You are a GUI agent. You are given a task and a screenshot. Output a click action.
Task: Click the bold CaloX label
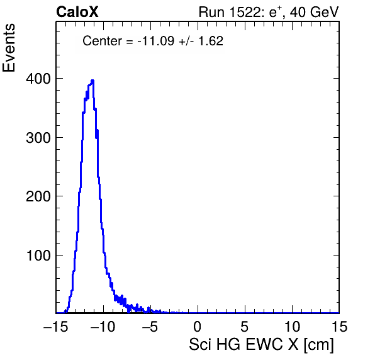pyautogui.click(x=77, y=12)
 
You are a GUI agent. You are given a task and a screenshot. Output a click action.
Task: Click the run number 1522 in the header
pyautogui.click(x=245, y=12)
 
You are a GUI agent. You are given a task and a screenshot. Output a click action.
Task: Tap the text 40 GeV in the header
pyautogui.click(x=314, y=12)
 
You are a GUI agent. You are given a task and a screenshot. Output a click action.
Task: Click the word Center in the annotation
pyautogui.click(x=102, y=41)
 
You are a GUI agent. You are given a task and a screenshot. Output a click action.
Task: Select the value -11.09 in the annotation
pyautogui.click(x=156, y=41)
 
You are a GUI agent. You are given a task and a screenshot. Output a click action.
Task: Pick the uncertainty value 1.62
pyautogui.click(x=211, y=41)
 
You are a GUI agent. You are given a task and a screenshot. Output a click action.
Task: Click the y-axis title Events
pyautogui.click(x=9, y=48)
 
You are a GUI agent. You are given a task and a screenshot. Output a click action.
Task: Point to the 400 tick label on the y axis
pyautogui.click(x=38, y=79)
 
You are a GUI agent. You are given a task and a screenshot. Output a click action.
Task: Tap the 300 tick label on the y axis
pyautogui.click(x=38, y=138)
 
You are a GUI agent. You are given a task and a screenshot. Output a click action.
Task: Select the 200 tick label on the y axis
pyautogui.click(x=38, y=196)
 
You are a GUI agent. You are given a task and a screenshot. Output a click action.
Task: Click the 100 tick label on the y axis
pyautogui.click(x=38, y=256)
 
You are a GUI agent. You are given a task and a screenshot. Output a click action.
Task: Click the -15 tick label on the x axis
pyautogui.click(x=56, y=327)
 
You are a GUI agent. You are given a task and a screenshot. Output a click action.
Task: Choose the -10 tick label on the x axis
pyautogui.click(x=103, y=327)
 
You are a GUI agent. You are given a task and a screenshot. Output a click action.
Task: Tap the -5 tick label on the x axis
pyautogui.click(x=150, y=327)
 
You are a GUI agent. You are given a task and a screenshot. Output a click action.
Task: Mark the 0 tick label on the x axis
pyautogui.click(x=198, y=327)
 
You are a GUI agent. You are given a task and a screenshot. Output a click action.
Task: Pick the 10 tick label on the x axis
pyautogui.click(x=292, y=327)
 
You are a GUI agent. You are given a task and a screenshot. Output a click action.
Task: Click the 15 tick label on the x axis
pyautogui.click(x=339, y=327)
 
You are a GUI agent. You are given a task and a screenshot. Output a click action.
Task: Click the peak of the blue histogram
pyautogui.click(x=92, y=81)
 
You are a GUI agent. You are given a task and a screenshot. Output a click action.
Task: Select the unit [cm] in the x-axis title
pyautogui.click(x=318, y=345)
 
